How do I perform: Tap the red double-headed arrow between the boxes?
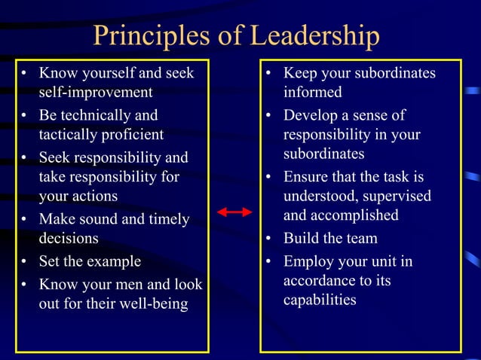coord(234,212)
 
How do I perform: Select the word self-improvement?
coord(96,93)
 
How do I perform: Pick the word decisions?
coord(69,239)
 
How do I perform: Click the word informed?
coord(312,93)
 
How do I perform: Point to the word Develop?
coord(310,116)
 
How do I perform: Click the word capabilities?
coord(320,300)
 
